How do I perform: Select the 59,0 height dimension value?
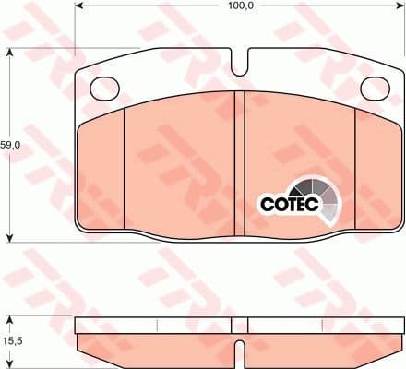pyautogui.click(x=10, y=145)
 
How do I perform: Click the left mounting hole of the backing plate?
pyautogui.click(x=106, y=86)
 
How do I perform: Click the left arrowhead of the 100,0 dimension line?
pyautogui.click(x=78, y=16)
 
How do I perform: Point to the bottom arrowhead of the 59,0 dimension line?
pyautogui.click(x=10, y=236)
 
